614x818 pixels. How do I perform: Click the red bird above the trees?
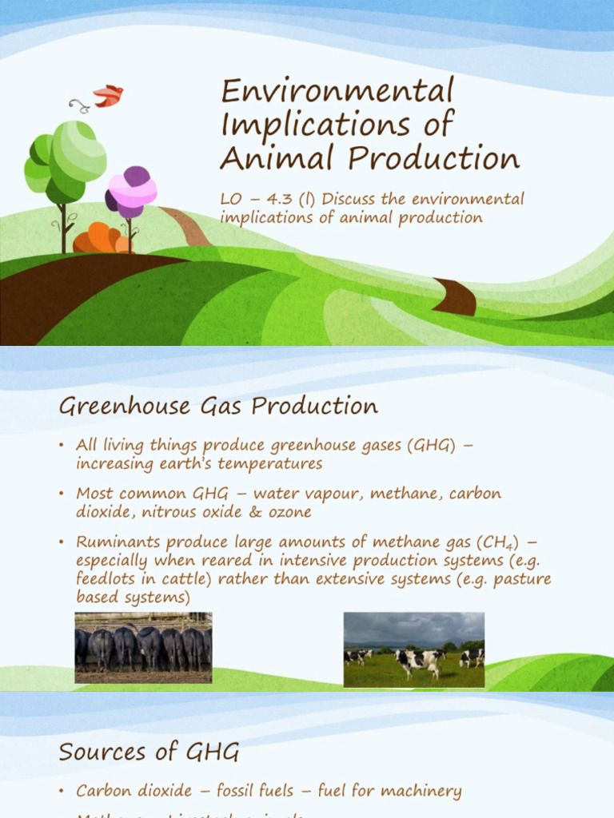coord(108,96)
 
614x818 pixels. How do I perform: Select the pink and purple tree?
coord(130,192)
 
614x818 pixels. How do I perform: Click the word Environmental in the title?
coord(337,91)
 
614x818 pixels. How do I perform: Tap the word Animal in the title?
coord(266,157)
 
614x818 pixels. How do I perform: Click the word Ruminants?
coord(115,542)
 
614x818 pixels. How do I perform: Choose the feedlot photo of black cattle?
coord(143,647)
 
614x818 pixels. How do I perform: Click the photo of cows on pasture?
coord(413,649)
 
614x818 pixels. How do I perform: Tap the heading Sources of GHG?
coord(149,752)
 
